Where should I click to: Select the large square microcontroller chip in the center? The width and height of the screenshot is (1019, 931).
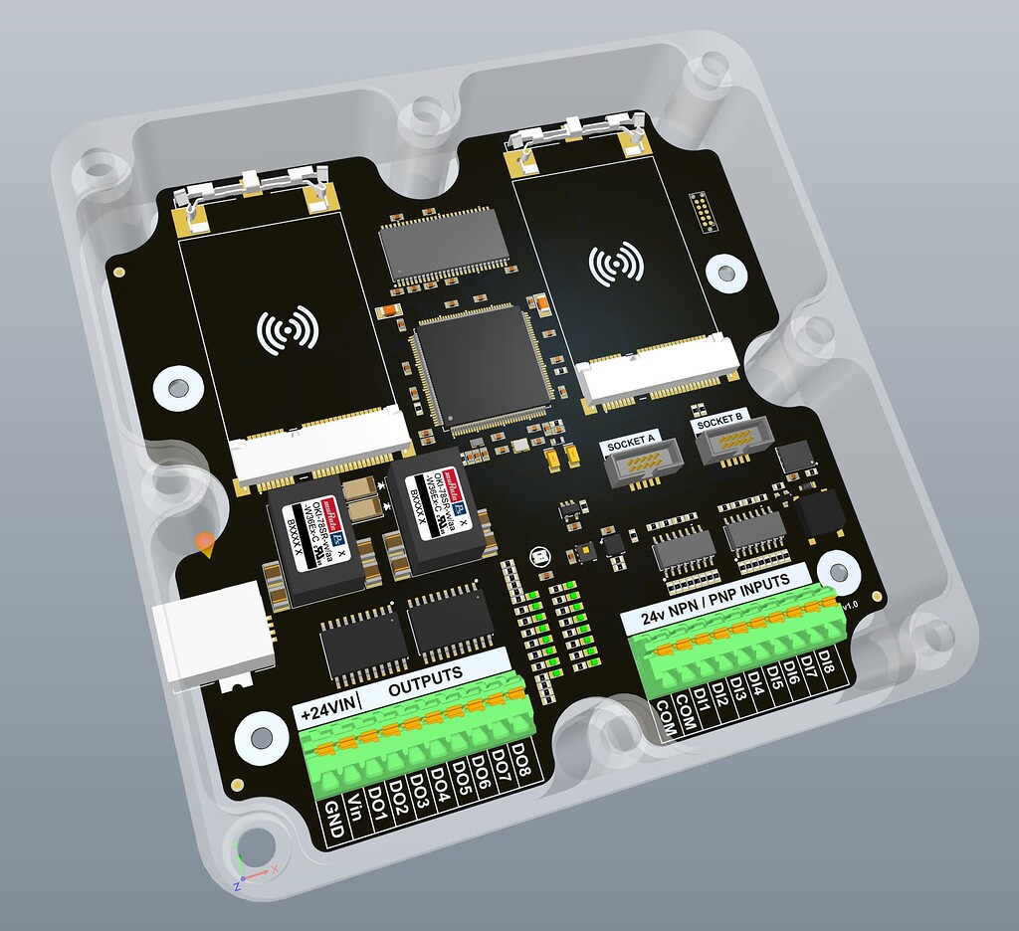click(482, 368)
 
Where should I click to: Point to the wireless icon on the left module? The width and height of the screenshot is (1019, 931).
click(288, 330)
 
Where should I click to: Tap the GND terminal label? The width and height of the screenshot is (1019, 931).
click(334, 824)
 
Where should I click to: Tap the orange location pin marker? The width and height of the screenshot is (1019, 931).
click(205, 543)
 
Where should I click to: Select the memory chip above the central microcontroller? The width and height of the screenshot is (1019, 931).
click(444, 244)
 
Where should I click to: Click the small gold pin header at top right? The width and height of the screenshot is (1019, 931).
click(702, 212)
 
